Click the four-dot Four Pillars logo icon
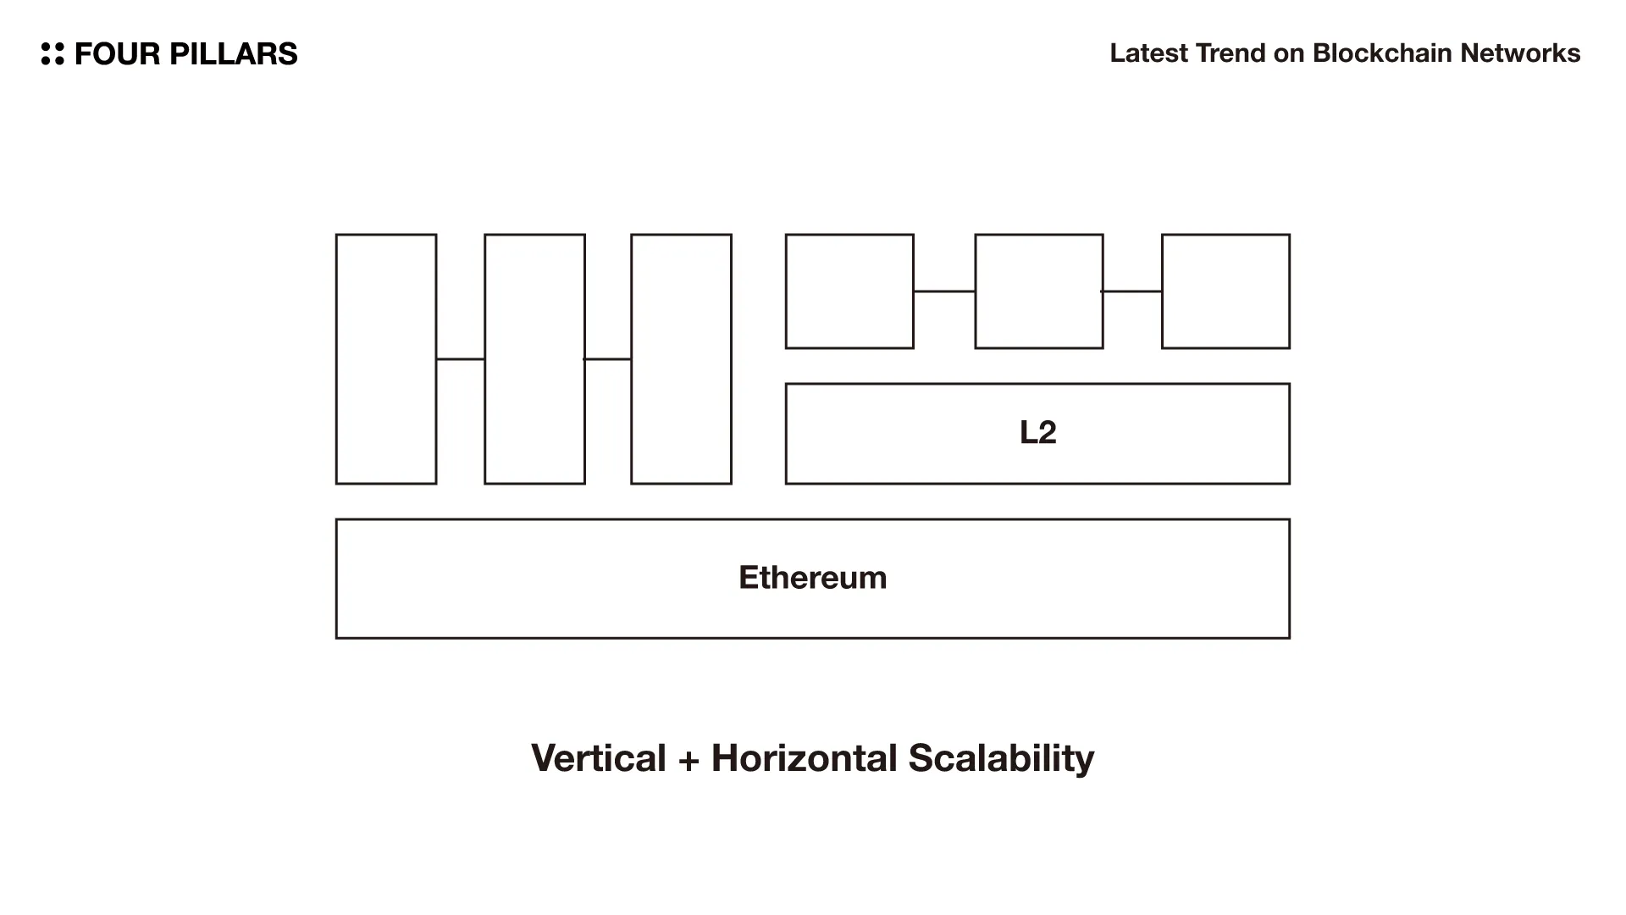pyautogui.click(x=53, y=53)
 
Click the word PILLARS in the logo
pyautogui.click(x=233, y=53)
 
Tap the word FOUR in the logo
pyautogui.click(x=117, y=53)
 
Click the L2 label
pyautogui.click(x=1037, y=432)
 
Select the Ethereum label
pyautogui.click(x=812, y=578)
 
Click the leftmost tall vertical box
pyautogui.click(x=386, y=359)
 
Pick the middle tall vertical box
pyautogui.click(x=534, y=359)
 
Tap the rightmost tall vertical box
pyautogui.click(x=681, y=359)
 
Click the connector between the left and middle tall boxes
pyautogui.click(x=461, y=359)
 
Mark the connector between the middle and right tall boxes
pyautogui.click(x=608, y=359)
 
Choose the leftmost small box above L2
pyautogui.click(x=849, y=291)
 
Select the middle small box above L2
pyautogui.click(x=1039, y=291)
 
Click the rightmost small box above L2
pyautogui.click(x=1225, y=291)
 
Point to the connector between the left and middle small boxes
pyautogui.click(x=944, y=291)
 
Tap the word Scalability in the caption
pyautogui.click(x=1001, y=758)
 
